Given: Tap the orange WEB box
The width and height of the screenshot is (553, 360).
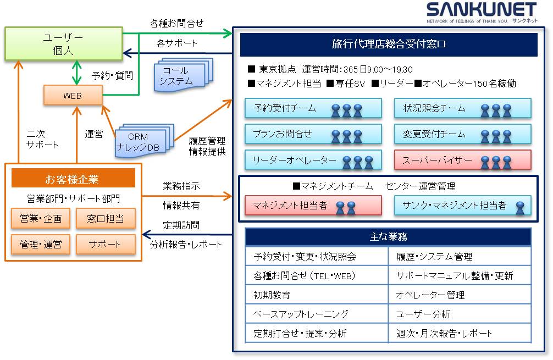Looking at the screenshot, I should point(73,96).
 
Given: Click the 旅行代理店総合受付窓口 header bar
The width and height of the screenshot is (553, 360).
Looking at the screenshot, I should point(388,45).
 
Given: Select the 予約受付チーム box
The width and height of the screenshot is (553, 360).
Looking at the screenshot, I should point(313,108).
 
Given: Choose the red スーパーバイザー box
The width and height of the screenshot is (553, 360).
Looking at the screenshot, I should point(462,160).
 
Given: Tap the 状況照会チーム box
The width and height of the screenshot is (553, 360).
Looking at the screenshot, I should point(462,108).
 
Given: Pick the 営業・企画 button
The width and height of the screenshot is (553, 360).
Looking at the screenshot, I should point(41,219).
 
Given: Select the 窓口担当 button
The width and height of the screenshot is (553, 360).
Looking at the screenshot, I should point(105,219).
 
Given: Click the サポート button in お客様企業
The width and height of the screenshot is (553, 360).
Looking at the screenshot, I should point(105,244).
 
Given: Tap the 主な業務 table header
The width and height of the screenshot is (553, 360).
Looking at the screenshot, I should point(388,237).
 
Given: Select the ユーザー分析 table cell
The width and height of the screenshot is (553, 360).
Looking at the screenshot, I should point(460,314).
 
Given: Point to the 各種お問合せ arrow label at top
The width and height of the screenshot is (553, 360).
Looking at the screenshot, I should point(176,24).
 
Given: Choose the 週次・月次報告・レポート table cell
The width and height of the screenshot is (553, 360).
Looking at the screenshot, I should point(460,334).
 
